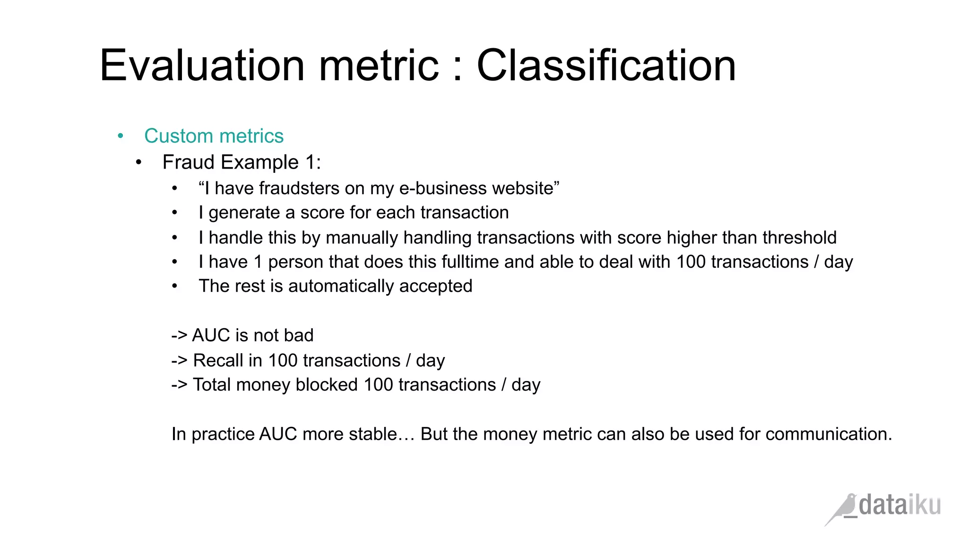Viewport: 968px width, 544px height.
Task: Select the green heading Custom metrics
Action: pyautogui.click(x=214, y=136)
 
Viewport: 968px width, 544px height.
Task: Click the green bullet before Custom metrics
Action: pyautogui.click(x=121, y=136)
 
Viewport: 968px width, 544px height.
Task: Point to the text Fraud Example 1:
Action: pyautogui.click(x=242, y=162)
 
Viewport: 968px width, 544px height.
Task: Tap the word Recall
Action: pyautogui.click(x=218, y=361)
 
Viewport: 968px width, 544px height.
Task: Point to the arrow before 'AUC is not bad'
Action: pyautogui.click(x=179, y=336)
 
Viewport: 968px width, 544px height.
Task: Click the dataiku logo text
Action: pyautogui.click(x=899, y=505)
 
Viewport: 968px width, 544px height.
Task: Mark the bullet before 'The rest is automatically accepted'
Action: pyautogui.click(x=175, y=286)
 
